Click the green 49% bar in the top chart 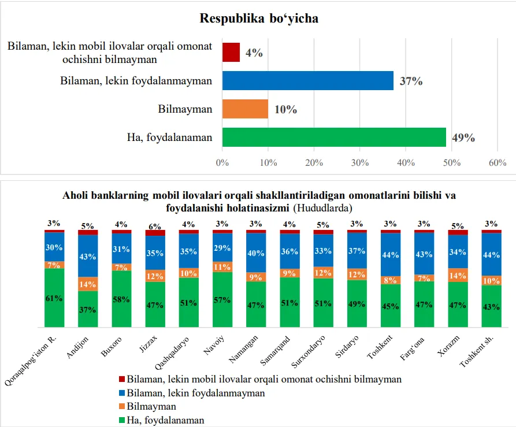pos(334,137)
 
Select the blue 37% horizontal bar pos(307,80)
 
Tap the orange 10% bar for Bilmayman pos(245,109)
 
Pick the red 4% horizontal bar pos(231,53)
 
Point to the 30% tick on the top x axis pos(359,162)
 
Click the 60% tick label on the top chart pos(498,162)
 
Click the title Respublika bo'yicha pos(259,18)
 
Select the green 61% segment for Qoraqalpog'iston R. pos(54,298)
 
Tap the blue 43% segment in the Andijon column pos(88,256)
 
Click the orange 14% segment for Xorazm pos(458,275)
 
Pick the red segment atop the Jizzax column pos(155,233)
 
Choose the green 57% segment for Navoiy pos(222,299)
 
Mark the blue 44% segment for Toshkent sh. pos(491,254)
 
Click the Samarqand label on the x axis pos(275,351)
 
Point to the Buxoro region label pos(111,347)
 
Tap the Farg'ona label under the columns pos(412,348)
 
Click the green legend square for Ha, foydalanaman pos(122,420)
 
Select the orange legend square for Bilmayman pos(122,406)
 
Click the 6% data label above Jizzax pos(155,227)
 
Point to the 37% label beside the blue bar pos(411,81)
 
